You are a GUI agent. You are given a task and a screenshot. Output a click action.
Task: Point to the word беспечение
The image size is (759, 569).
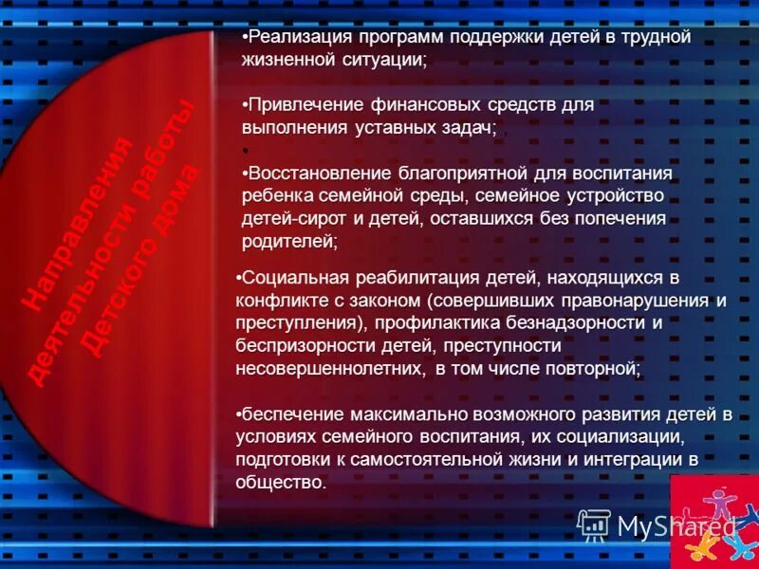tap(288, 414)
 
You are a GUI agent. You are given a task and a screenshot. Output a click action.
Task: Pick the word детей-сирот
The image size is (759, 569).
tap(286, 219)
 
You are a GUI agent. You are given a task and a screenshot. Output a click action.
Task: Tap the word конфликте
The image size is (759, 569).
tap(282, 301)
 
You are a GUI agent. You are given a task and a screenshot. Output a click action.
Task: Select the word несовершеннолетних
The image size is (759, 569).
tap(331, 369)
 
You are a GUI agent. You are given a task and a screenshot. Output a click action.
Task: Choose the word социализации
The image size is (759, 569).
tap(624, 437)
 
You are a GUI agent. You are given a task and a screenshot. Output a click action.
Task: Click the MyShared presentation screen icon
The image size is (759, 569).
tap(593, 525)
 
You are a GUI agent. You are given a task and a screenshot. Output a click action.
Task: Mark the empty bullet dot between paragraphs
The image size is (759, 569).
tap(245, 151)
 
